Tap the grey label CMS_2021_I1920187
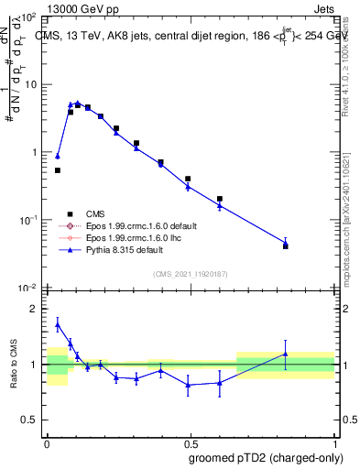[x=190, y=274]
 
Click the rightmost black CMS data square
[x=286, y=246]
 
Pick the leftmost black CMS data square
[x=58, y=170]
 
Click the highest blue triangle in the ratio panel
[x=58, y=324]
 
